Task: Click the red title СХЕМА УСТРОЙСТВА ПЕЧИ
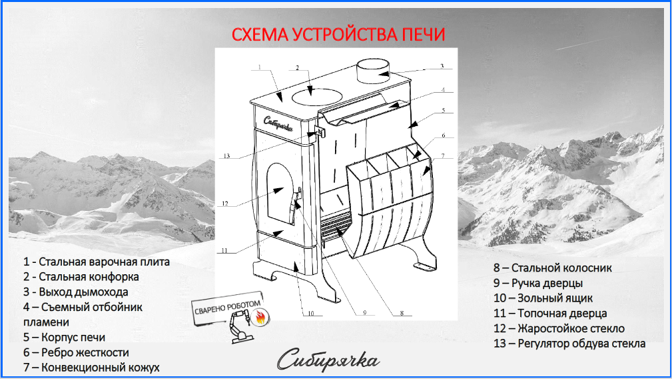[338, 34]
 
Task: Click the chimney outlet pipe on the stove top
[373, 71]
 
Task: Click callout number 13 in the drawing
[226, 156]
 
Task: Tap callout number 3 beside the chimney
[442, 66]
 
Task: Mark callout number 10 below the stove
[311, 314]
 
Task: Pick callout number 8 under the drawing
[402, 313]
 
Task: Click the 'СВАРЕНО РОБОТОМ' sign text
[228, 307]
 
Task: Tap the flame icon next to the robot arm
[260, 318]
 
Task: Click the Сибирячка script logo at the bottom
[328, 360]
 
